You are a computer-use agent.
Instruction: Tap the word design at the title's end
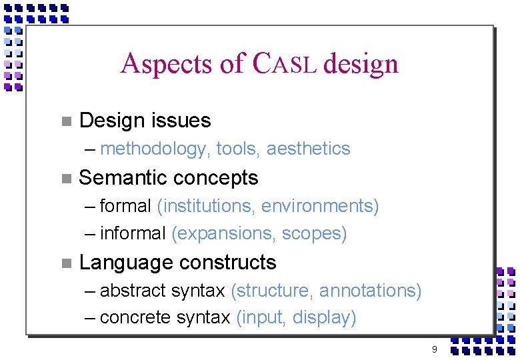click(x=361, y=64)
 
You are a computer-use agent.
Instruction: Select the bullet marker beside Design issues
click(x=65, y=121)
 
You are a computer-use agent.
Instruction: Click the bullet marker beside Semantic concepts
click(x=65, y=179)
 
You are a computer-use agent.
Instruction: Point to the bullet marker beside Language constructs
click(x=65, y=263)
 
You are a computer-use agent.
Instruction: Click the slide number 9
click(x=434, y=349)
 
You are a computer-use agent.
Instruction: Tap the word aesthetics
click(x=308, y=149)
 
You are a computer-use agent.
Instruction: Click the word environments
click(x=320, y=207)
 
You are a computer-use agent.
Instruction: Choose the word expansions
click(x=224, y=234)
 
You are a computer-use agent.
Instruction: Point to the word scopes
click(x=314, y=234)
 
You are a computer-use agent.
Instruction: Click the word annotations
click(x=370, y=291)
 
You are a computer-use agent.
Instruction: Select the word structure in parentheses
click(x=272, y=291)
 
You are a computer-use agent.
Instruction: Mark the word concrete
click(x=135, y=318)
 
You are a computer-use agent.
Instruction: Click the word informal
click(x=133, y=234)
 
